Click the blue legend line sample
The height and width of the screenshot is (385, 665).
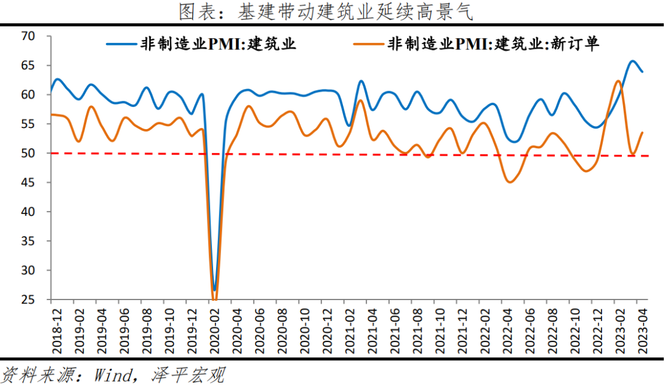122,44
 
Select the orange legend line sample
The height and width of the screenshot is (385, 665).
368,44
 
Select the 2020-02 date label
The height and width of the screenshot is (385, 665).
214,330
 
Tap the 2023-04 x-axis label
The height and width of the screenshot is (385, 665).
642,330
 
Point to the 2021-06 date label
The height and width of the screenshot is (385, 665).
394,330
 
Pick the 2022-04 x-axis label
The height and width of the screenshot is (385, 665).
507,330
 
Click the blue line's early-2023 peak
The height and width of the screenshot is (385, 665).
632,61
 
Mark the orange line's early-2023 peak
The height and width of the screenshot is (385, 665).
618,81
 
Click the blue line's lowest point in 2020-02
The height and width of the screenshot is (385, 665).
214,290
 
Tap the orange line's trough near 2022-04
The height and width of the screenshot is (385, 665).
509,182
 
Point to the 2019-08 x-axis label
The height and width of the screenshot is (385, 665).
146,330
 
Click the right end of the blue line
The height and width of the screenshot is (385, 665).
643,72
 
